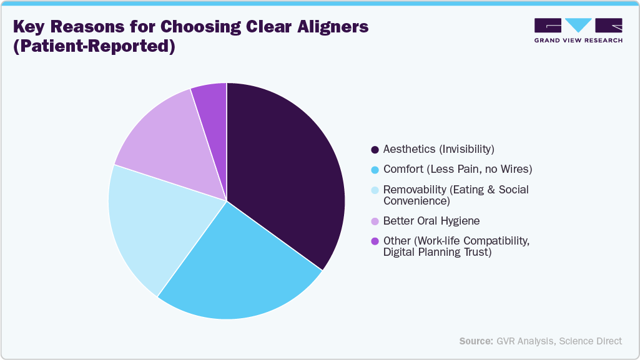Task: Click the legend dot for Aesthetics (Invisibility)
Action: click(x=375, y=150)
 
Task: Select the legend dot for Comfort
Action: click(x=375, y=170)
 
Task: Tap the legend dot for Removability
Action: click(x=375, y=190)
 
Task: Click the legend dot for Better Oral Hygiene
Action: click(x=375, y=221)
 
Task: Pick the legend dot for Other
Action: click(x=375, y=241)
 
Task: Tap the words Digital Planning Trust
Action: click(x=438, y=252)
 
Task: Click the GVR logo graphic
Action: click(x=578, y=26)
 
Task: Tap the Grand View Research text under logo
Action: click(x=578, y=40)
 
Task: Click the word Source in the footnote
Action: click(x=476, y=341)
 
